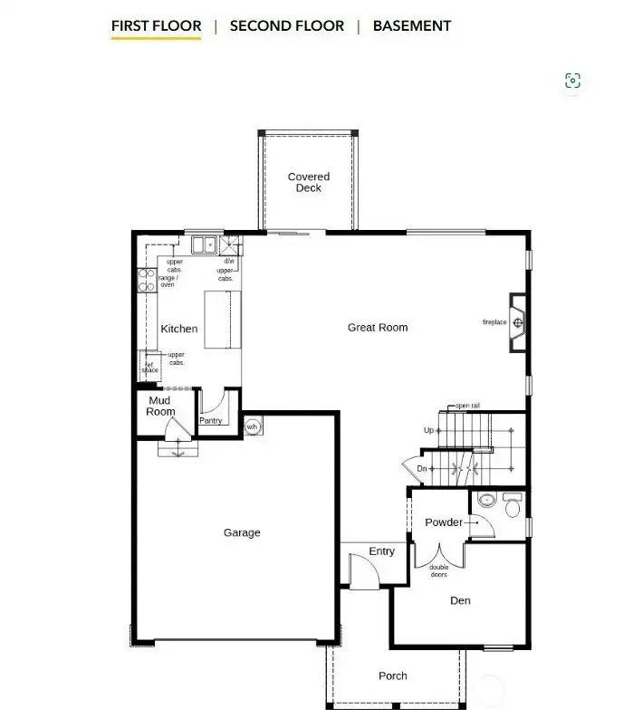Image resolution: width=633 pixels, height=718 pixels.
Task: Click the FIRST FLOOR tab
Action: tap(156, 25)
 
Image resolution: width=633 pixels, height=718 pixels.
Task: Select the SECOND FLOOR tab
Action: tap(286, 25)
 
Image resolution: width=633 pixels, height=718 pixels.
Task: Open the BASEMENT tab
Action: tap(411, 25)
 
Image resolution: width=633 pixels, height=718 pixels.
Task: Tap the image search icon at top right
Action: tap(572, 81)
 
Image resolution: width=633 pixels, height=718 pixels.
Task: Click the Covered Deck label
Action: tap(309, 182)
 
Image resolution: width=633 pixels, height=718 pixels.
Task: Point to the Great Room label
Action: tap(378, 327)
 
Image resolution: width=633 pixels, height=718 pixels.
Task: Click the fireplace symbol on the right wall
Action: tap(518, 322)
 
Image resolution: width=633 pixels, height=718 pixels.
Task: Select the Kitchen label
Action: tap(179, 329)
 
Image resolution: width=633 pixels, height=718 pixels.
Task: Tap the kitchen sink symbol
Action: tap(203, 244)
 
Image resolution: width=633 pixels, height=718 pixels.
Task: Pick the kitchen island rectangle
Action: tap(224, 319)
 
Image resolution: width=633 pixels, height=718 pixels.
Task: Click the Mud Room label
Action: tap(160, 406)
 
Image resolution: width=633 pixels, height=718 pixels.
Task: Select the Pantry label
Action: tap(210, 420)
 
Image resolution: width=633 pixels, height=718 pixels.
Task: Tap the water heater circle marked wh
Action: tap(252, 426)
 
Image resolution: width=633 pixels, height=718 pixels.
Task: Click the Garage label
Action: tap(242, 532)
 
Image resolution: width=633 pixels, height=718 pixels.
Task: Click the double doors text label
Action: tap(438, 570)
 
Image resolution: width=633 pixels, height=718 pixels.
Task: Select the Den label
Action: tap(460, 600)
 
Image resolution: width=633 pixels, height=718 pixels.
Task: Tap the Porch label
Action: tap(393, 675)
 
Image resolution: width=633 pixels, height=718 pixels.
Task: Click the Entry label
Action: tap(382, 551)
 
